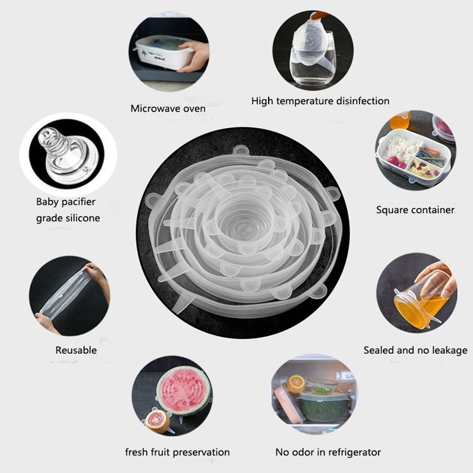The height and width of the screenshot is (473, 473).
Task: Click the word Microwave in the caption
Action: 153,108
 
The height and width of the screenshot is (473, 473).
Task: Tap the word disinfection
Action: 363,101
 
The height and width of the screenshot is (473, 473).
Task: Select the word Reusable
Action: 76,350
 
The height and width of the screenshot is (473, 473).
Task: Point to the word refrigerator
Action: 354,452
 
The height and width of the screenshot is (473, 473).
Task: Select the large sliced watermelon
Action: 183,390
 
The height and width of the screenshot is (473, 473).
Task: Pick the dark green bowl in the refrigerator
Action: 324,408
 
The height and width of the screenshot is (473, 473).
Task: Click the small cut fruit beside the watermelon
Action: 158,421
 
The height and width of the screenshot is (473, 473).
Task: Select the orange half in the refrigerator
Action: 296,383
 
